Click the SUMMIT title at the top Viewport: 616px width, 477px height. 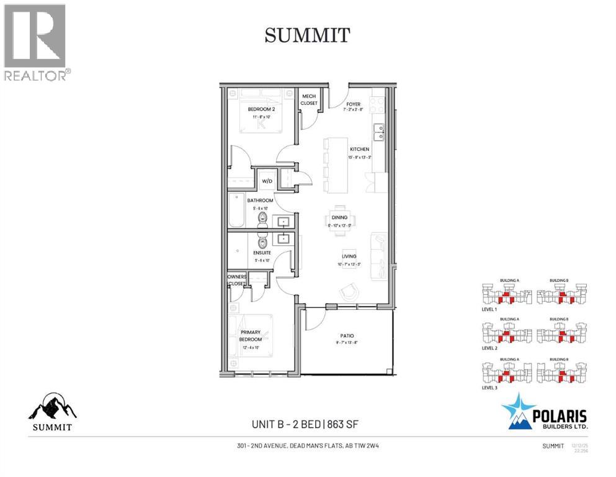pyautogui.click(x=308, y=35)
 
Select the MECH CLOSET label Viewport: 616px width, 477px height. pyautogui.click(x=309, y=99)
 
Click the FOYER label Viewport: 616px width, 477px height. pyautogui.click(x=354, y=104)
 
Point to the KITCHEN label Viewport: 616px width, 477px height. pyautogui.click(x=359, y=149)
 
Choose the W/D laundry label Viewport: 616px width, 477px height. pyautogui.click(x=267, y=182)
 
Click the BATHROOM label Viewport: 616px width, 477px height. pyautogui.click(x=261, y=201)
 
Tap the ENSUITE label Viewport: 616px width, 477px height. pyautogui.click(x=261, y=253)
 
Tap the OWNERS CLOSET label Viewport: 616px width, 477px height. pyautogui.click(x=236, y=280)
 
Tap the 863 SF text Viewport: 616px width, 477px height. pyautogui.click(x=343, y=425)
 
